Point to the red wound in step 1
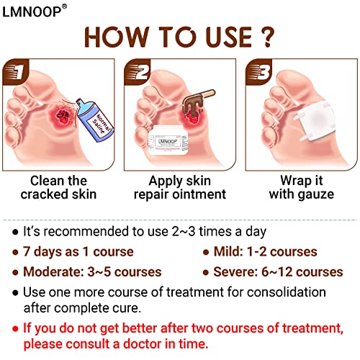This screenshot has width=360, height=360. click(58, 118)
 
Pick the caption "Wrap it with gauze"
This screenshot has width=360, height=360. click(301, 187)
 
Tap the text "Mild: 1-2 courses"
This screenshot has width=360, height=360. click(265, 251)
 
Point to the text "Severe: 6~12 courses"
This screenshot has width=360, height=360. click(277, 272)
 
